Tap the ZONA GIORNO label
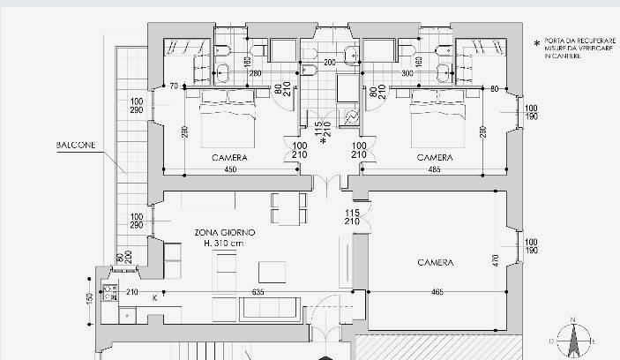(225, 233)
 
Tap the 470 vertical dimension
(497, 260)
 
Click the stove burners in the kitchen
(110, 290)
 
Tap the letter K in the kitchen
(156, 298)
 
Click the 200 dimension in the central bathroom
(330, 63)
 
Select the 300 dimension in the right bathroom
(382, 73)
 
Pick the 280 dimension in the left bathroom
(255, 73)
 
